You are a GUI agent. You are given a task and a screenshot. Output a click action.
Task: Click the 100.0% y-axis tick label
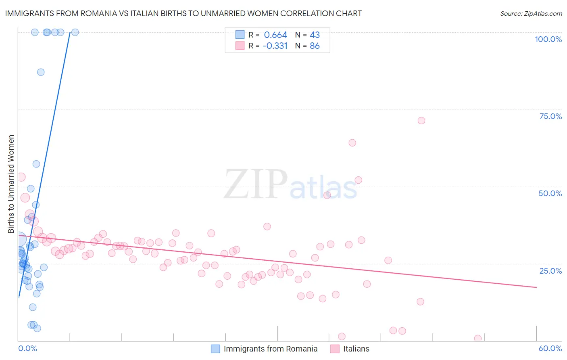(548, 39)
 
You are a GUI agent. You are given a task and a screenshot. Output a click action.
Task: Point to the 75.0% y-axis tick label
(550, 116)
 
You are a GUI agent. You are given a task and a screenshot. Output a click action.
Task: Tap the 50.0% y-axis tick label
(550, 193)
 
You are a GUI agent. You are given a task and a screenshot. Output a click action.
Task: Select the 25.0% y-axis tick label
(550, 270)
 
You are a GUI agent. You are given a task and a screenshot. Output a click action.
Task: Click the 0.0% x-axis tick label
(27, 348)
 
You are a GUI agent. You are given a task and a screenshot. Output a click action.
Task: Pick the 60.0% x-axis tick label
(550, 348)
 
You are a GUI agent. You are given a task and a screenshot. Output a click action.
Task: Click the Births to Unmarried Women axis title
(11, 184)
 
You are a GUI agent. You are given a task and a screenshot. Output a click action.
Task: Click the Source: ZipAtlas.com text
(531, 14)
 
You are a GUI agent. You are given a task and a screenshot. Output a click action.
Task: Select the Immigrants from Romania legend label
(270, 349)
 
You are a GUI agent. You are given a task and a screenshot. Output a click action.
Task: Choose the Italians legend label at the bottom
(356, 349)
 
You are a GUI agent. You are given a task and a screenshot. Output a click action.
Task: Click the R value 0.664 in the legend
(275, 35)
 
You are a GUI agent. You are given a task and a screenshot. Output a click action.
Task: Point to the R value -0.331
(275, 46)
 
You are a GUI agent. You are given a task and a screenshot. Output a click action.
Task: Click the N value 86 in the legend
(315, 46)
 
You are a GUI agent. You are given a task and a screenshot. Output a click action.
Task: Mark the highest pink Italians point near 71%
(421, 121)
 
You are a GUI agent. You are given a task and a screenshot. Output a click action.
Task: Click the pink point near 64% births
(352, 143)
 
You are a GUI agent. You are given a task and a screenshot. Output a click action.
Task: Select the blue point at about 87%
(41, 72)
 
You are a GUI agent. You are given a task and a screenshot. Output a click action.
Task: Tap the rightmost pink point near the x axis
(478, 338)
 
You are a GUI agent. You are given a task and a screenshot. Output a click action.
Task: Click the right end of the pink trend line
(536, 287)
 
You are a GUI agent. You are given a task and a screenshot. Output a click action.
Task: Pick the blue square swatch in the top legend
(240, 35)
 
